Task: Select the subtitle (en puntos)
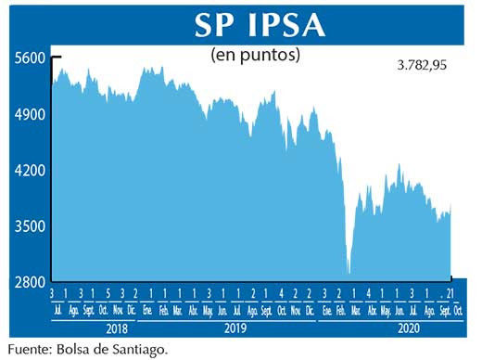pyautogui.click(x=256, y=55)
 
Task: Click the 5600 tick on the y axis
pyautogui.click(x=30, y=58)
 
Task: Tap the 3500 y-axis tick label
pyautogui.click(x=30, y=226)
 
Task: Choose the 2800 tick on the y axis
pyautogui.click(x=30, y=282)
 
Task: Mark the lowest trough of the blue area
pyautogui.click(x=349, y=272)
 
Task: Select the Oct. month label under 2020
pyautogui.click(x=458, y=310)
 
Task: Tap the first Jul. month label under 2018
pyautogui.click(x=59, y=310)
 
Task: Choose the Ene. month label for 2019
pyautogui.click(x=148, y=310)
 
